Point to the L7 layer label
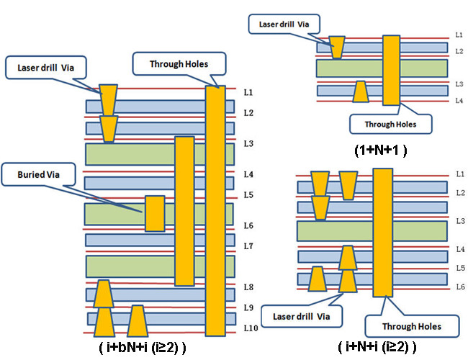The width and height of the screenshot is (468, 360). [248, 246]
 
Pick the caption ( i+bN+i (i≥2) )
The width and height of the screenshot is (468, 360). [143, 347]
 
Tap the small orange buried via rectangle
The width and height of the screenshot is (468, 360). [155, 213]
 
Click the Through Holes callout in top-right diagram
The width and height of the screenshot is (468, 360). [390, 124]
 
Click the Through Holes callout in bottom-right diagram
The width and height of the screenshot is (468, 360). [411, 326]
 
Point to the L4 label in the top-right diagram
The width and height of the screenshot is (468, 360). [459, 100]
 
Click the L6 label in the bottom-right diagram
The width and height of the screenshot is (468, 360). [460, 287]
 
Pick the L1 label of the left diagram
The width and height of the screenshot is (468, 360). [248, 93]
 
